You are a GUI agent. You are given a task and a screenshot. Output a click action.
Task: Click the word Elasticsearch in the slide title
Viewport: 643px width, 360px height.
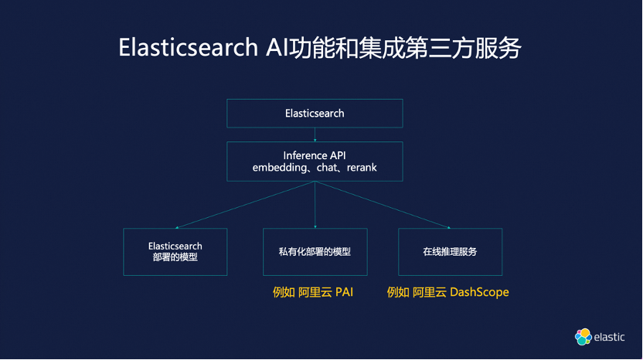[x=186, y=47]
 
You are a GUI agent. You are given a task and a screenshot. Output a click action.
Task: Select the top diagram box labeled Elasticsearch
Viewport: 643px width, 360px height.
[x=315, y=114]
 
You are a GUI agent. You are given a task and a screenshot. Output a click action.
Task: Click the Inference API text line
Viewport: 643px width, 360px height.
[x=315, y=155]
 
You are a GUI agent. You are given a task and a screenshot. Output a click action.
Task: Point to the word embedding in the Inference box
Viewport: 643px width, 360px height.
[x=279, y=168]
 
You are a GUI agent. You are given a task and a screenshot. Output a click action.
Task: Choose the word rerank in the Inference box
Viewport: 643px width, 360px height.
[x=361, y=168]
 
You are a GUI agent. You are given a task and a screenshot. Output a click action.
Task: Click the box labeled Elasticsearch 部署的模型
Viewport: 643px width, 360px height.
[x=175, y=252]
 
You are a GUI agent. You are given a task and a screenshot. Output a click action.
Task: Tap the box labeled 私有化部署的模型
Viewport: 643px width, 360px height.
[x=315, y=252]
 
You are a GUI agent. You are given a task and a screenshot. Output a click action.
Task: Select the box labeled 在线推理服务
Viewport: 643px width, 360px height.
[x=450, y=252]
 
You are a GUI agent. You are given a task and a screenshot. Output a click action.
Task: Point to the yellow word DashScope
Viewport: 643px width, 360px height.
[x=481, y=293]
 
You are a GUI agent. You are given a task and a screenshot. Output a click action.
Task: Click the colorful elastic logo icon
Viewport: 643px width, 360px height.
[x=583, y=337]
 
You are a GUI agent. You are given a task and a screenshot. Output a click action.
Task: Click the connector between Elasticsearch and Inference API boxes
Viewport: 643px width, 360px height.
[x=315, y=134]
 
